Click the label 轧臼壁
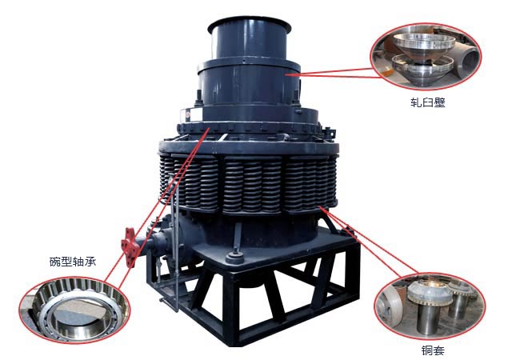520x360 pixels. pos(427,102)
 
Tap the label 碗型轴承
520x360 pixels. pos(73,262)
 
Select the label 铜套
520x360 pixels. pos(433,350)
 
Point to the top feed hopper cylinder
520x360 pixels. pos(250,39)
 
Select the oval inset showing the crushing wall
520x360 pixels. pos(426,56)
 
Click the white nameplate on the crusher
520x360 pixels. pos(191,114)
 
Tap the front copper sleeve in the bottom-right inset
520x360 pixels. pos(429,306)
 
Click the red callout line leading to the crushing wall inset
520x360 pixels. pos(332,72)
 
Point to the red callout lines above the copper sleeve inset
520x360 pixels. pos(368,241)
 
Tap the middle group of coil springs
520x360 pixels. pos(252,185)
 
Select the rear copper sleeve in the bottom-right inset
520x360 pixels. pos(460,300)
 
